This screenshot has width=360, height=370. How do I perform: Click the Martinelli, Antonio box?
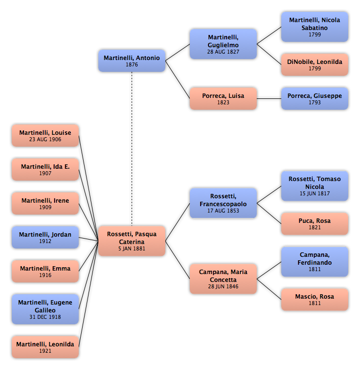coord(132,61)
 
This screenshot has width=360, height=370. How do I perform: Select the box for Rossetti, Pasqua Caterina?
coord(132,241)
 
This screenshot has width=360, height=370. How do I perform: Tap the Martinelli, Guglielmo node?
coord(223,44)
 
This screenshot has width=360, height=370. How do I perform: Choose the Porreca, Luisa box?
coord(223,98)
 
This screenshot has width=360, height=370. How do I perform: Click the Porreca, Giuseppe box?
coord(314,98)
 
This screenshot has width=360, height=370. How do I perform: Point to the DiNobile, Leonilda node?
coord(314,64)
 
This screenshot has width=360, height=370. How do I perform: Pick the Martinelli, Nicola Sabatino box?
coord(314,27)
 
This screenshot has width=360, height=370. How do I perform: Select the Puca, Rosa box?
coord(314,224)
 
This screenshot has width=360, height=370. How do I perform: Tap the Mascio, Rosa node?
coord(314,300)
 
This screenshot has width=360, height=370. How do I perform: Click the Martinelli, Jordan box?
coord(45,237)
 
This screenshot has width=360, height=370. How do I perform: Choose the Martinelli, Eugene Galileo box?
coord(45,309)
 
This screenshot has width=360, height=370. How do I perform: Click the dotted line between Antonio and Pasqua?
coord(132,149)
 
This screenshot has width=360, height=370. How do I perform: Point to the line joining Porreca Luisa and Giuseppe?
coord(269,98)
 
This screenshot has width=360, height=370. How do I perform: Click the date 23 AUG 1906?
coord(45,139)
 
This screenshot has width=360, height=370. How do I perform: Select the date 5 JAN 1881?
coord(132,248)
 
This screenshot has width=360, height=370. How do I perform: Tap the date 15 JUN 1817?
coord(314,193)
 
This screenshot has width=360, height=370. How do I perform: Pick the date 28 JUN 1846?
coord(223,286)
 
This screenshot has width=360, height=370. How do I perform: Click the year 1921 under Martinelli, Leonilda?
coord(45,351)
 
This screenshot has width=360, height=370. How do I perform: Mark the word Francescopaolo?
coord(223,204)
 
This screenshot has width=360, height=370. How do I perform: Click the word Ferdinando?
coord(314,262)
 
